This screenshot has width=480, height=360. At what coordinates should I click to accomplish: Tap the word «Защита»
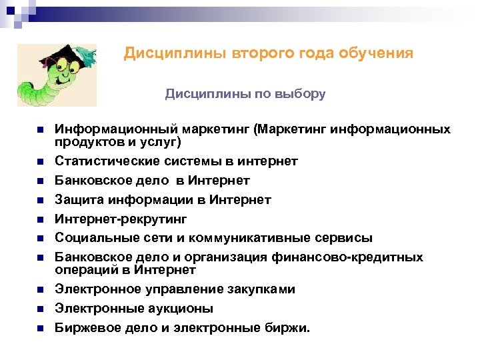tap(77, 200)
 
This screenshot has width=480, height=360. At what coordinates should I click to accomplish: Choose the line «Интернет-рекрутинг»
tap(121, 219)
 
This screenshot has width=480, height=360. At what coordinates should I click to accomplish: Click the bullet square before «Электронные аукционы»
tap(40, 309)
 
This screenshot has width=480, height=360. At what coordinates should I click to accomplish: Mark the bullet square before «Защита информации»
tap(40, 200)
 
